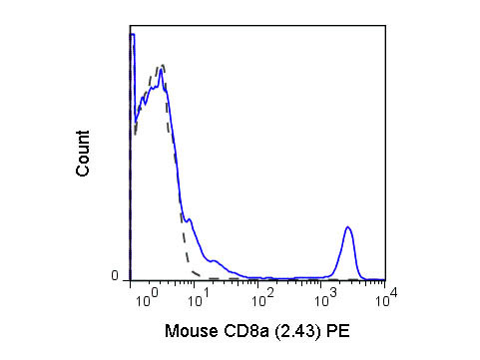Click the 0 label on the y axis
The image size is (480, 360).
coord(114,276)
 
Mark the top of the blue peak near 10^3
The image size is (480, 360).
coord(347,227)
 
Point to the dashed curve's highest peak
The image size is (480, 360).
coord(161,65)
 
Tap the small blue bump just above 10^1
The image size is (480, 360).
coord(213,261)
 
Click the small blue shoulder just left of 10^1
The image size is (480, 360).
coord(189,219)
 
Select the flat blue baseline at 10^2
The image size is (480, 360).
coord(261,278)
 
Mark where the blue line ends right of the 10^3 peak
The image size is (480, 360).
coord(382,278)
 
